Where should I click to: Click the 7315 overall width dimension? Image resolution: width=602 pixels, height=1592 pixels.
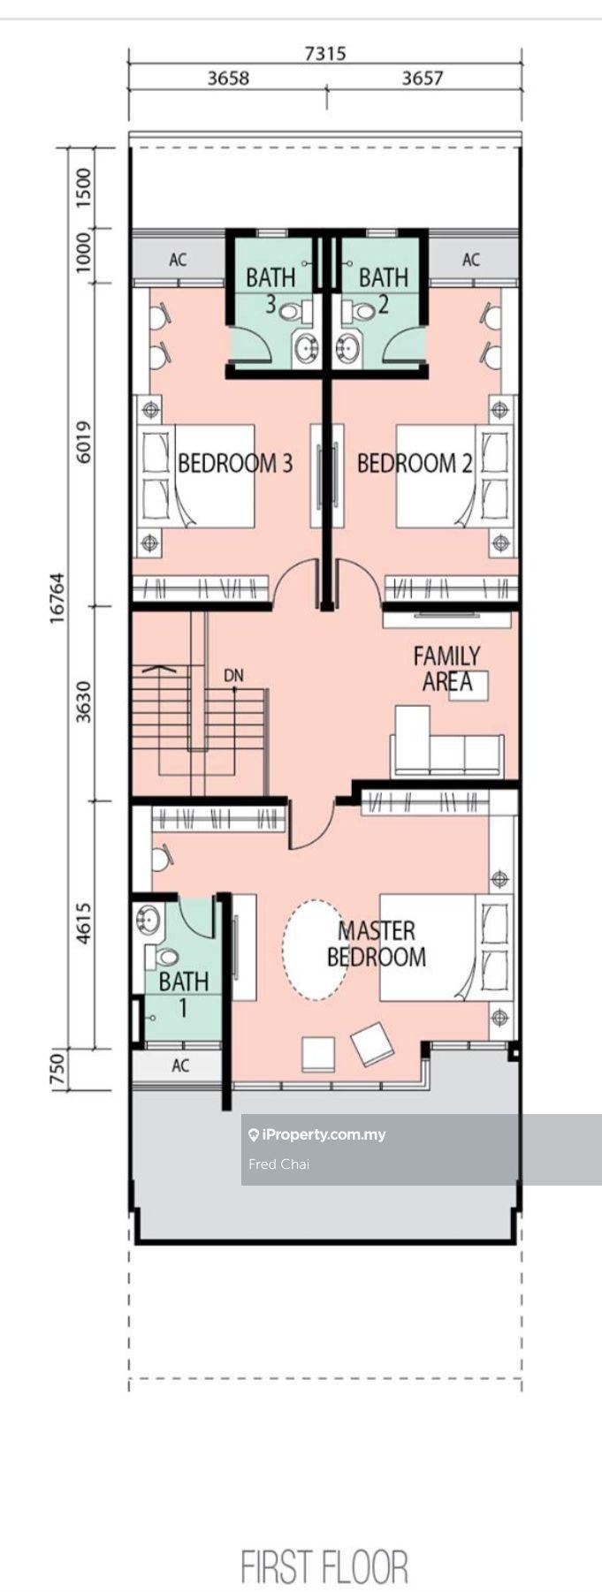(x=324, y=53)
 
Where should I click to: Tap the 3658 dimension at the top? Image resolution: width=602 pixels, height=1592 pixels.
(x=228, y=78)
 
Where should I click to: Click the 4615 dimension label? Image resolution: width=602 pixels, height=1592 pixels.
(x=84, y=923)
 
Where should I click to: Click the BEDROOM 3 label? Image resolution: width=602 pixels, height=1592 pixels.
(x=235, y=463)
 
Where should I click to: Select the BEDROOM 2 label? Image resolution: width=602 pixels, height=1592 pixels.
(x=414, y=463)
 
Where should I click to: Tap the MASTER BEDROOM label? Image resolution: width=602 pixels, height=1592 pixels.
(x=377, y=943)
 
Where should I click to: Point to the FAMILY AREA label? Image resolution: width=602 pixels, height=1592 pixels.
(x=447, y=669)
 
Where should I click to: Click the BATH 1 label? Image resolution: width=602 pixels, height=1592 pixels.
(x=184, y=994)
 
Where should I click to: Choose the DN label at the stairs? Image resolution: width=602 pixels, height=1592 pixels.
(x=233, y=676)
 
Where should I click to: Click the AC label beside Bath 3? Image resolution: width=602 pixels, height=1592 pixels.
(x=178, y=260)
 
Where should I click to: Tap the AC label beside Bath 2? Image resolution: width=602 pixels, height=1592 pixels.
(x=470, y=259)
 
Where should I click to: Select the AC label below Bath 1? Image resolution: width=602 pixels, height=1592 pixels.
(x=180, y=1065)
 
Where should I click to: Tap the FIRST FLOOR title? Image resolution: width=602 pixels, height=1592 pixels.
(x=324, y=1566)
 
